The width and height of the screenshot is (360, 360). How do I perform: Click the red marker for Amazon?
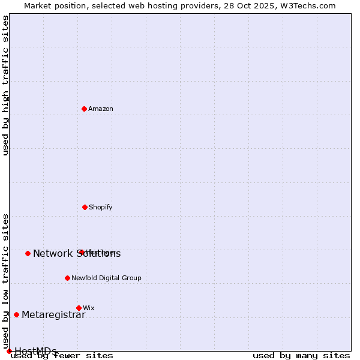[x=85, y=109]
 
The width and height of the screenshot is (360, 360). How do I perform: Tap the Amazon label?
[x=101, y=109]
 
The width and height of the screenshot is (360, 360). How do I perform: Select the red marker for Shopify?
[x=85, y=207]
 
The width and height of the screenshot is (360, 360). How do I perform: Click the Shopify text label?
[x=101, y=208]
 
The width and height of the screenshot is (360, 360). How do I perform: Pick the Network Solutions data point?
[x=28, y=253]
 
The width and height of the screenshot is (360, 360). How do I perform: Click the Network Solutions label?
[x=77, y=254]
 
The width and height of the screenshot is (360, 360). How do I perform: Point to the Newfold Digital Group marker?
[x=67, y=278]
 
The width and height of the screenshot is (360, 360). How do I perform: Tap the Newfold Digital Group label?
[x=106, y=278]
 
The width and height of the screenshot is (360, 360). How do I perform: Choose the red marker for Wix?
[x=79, y=308]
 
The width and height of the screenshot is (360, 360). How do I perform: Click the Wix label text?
[x=89, y=308]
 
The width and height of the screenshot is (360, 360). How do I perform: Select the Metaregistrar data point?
[x=16, y=314]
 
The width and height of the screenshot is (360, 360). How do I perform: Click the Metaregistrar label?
[x=53, y=315]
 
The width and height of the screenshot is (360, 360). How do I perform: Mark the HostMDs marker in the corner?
[x=9, y=351]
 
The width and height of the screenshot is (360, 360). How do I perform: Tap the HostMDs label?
[x=35, y=352]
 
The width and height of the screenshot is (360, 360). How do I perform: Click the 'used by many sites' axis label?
[x=301, y=356]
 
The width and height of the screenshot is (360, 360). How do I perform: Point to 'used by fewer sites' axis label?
[x=62, y=356]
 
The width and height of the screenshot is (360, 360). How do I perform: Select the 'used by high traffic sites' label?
[x=5, y=85]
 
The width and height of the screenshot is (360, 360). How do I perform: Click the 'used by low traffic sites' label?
[x=5, y=281]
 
